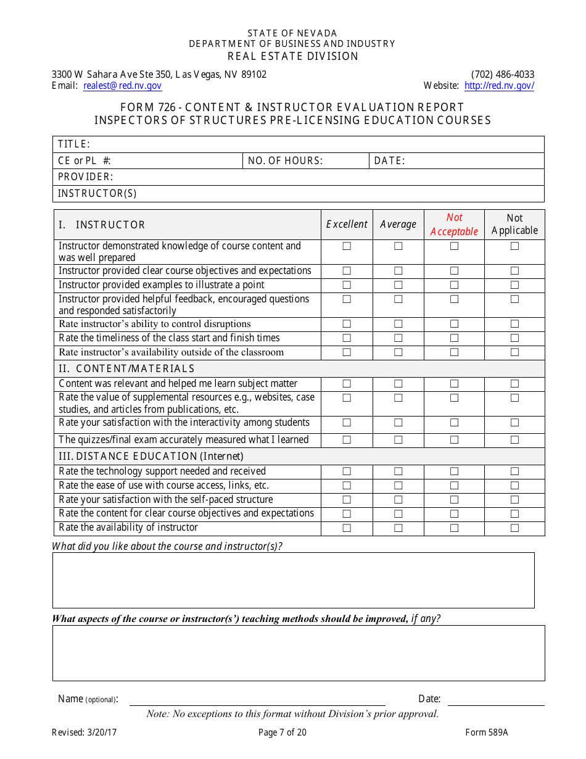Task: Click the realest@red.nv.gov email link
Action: tap(122, 86)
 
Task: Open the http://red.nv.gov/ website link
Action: tap(499, 86)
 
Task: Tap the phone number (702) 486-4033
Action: tap(503, 74)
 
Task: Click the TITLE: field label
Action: tap(74, 144)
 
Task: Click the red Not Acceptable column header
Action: tap(454, 225)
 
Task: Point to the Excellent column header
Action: tap(347, 225)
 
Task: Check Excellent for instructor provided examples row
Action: tap(347, 285)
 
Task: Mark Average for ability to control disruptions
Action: tap(398, 324)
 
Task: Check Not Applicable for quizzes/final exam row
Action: tap(514, 440)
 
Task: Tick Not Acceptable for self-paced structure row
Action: tap(454, 500)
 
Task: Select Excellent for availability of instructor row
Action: tap(347, 528)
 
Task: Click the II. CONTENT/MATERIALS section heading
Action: tap(126, 369)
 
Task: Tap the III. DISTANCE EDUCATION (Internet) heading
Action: tap(151, 457)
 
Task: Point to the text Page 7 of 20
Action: tap(283, 733)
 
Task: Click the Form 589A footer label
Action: tap(487, 733)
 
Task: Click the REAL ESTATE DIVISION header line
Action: tap(293, 56)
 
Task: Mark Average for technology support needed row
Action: tap(398, 471)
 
